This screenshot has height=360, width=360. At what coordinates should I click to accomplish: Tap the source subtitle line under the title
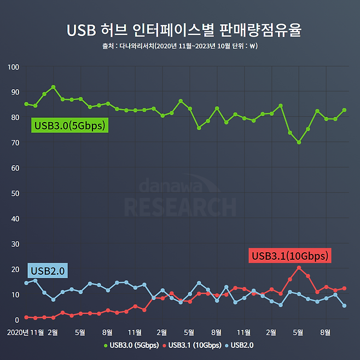click(x=180, y=46)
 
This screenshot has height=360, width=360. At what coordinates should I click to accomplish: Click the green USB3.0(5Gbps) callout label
click(x=69, y=126)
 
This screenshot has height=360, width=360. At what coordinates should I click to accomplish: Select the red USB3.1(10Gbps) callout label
click(x=289, y=256)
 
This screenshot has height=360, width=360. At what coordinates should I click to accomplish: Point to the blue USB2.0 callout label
click(x=48, y=270)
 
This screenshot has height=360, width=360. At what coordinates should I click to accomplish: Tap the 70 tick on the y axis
click(x=15, y=142)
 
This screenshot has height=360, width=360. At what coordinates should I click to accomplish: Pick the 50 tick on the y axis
click(x=15, y=193)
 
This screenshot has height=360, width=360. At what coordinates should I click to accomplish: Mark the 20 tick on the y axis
click(x=15, y=269)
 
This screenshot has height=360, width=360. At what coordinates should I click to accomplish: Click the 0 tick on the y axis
click(x=17, y=319)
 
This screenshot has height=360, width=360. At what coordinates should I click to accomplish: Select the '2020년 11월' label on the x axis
click(x=25, y=332)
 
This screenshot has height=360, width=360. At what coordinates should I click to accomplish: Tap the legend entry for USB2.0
click(x=241, y=345)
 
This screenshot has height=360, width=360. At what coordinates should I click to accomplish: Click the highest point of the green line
click(x=53, y=87)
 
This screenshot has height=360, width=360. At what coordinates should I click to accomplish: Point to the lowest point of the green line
click(x=299, y=142)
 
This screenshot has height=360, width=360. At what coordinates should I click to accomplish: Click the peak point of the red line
click(x=299, y=268)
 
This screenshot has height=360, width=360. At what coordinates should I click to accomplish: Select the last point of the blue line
click(x=344, y=306)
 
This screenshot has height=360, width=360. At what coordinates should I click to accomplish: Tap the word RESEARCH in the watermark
click(x=180, y=207)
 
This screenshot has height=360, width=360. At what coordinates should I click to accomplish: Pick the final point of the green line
click(x=344, y=110)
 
